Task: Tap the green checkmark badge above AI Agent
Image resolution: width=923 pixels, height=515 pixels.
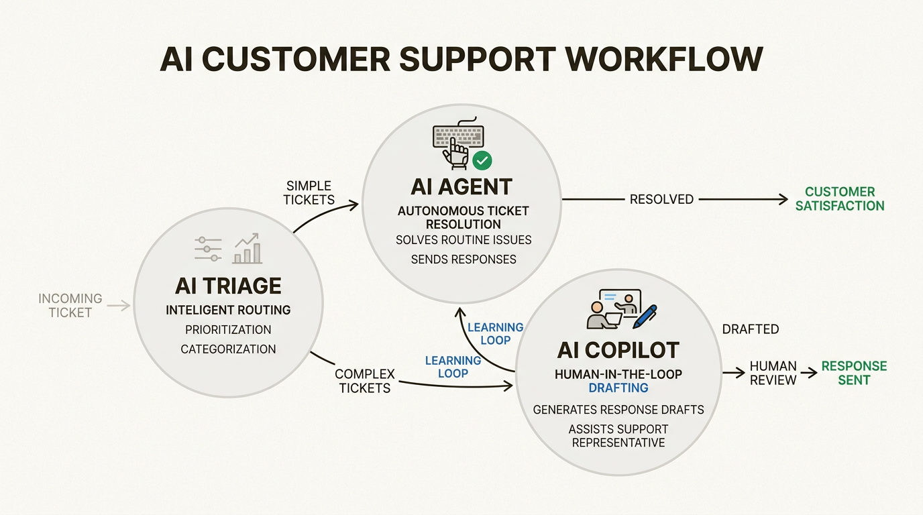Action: tap(482, 160)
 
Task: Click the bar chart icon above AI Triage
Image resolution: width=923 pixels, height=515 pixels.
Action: tap(248, 249)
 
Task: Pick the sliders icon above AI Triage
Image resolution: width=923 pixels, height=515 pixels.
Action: tap(208, 249)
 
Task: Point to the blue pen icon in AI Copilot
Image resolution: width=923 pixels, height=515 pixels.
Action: tap(645, 317)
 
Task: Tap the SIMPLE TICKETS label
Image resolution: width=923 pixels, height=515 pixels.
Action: tap(309, 192)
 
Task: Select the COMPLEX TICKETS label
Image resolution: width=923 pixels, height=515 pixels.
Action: tap(365, 381)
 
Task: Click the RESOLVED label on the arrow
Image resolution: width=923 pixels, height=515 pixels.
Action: tap(661, 199)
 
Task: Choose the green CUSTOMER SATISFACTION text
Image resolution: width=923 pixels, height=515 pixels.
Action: tap(840, 199)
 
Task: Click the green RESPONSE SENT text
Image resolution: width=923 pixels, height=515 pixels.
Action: tap(854, 373)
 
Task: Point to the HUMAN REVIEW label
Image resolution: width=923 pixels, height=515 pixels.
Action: tap(773, 373)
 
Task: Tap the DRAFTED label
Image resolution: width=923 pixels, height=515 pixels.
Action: tap(751, 329)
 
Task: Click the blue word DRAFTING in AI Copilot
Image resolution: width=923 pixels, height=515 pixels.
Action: tap(618, 388)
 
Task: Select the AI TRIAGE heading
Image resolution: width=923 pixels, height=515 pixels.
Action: tap(228, 286)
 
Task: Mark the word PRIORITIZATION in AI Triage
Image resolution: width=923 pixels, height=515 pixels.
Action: tap(228, 330)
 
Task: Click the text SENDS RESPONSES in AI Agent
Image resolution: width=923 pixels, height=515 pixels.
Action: tap(464, 259)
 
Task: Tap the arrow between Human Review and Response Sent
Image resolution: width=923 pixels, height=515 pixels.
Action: tap(809, 373)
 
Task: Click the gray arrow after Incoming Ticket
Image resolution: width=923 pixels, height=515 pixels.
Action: tap(119, 306)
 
